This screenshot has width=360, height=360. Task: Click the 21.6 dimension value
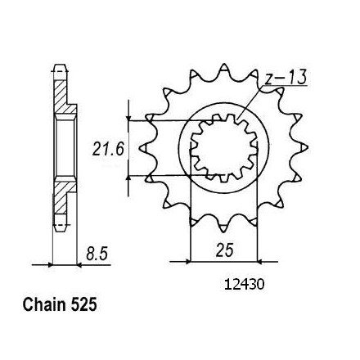(108, 149)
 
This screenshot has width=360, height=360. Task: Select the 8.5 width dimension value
(97, 254)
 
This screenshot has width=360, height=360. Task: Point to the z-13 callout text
(286, 77)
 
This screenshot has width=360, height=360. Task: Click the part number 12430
(244, 285)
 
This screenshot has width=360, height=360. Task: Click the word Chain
(44, 304)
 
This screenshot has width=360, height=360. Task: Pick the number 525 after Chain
(83, 304)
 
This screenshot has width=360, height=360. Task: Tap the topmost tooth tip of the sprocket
(224, 65)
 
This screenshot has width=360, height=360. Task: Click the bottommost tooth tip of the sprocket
(223, 232)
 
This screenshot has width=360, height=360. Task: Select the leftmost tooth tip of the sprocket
(140, 148)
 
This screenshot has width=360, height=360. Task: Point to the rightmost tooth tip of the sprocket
(308, 147)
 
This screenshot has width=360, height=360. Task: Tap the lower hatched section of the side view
(64, 197)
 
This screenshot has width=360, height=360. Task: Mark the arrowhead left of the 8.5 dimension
(50, 264)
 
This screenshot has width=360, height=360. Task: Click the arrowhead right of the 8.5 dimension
(79, 264)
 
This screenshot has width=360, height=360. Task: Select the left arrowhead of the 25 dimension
(187, 262)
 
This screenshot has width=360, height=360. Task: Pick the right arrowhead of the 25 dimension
(260, 262)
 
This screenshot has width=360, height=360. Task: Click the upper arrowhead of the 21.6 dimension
(128, 118)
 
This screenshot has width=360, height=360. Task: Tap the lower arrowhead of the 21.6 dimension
(128, 178)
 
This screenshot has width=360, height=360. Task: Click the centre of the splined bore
(224, 148)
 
